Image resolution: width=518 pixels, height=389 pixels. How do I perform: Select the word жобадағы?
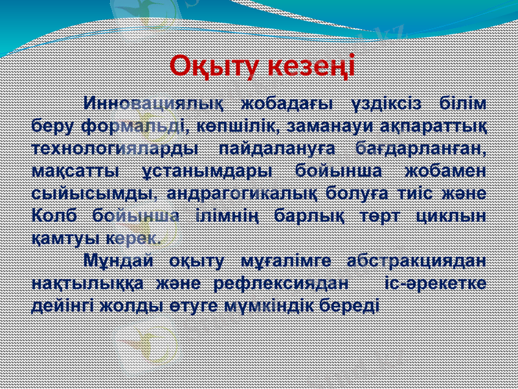pyautogui.click(x=286, y=104)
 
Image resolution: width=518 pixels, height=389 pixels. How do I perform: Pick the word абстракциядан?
pyautogui.click(x=416, y=261)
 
